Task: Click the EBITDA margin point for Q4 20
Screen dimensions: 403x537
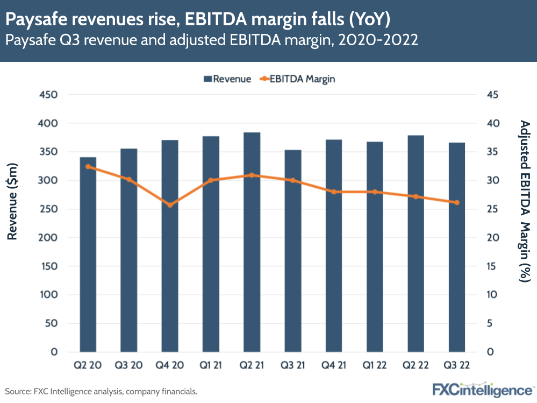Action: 170,205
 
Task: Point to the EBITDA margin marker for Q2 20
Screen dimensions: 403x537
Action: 88,167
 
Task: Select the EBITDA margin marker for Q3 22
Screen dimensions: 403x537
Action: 457,202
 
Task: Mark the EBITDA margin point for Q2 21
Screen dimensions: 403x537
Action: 252,175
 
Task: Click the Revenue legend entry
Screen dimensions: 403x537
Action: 227,79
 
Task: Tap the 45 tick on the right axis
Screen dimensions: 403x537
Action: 492,95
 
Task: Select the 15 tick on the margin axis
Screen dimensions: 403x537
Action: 492,266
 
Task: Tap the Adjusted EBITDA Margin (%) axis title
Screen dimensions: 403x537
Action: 525,201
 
